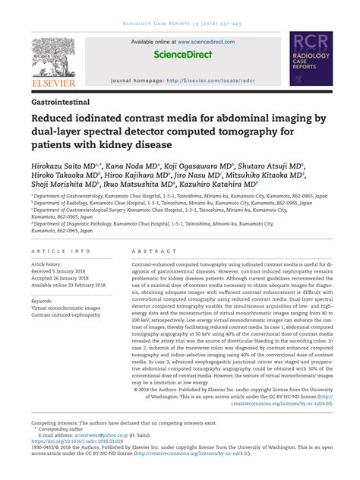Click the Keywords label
pyautogui.click(x=42, y=302)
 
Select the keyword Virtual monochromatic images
pyautogui.click(x=71, y=309)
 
